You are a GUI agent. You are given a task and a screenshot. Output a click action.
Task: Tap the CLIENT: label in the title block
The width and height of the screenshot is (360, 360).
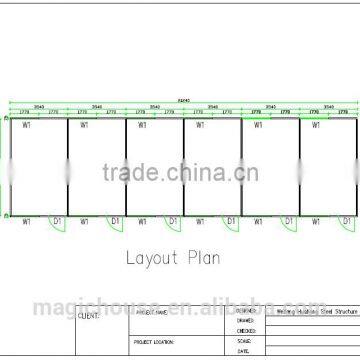(88, 315)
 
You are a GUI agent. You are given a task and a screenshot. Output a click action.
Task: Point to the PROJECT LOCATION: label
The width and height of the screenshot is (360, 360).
(153, 342)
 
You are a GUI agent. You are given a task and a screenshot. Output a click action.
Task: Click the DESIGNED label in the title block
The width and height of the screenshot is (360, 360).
(247, 310)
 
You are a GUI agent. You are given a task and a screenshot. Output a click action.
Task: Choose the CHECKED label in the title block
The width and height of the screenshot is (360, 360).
(247, 329)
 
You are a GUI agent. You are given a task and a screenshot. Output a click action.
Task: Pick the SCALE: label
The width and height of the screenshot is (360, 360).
(244, 341)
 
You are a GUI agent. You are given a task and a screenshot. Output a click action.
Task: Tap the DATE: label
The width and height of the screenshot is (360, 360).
(243, 351)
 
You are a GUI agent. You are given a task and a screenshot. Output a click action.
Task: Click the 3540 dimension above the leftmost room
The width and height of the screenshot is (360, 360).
(38, 105)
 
